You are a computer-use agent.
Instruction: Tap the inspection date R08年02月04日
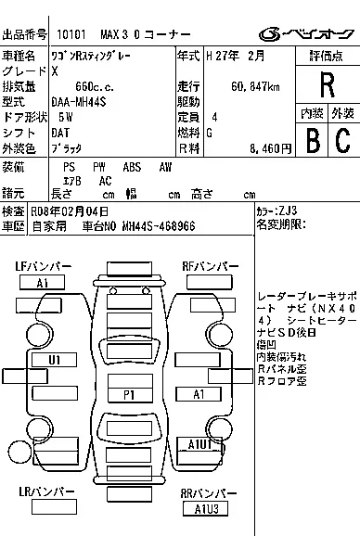click(x=70, y=211)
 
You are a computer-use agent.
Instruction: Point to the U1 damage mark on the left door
click(x=42, y=361)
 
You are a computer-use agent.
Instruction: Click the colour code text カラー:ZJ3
click(x=277, y=212)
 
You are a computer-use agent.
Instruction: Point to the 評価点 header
click(x=327, y=56)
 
